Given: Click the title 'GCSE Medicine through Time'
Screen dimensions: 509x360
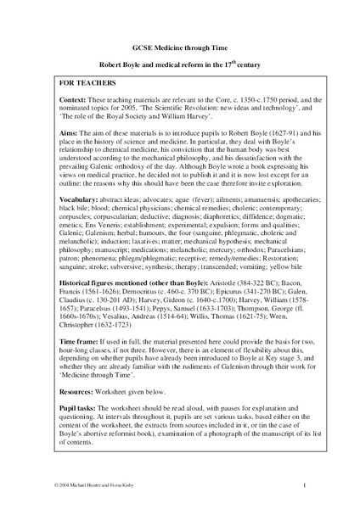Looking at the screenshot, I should pos(179,49).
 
